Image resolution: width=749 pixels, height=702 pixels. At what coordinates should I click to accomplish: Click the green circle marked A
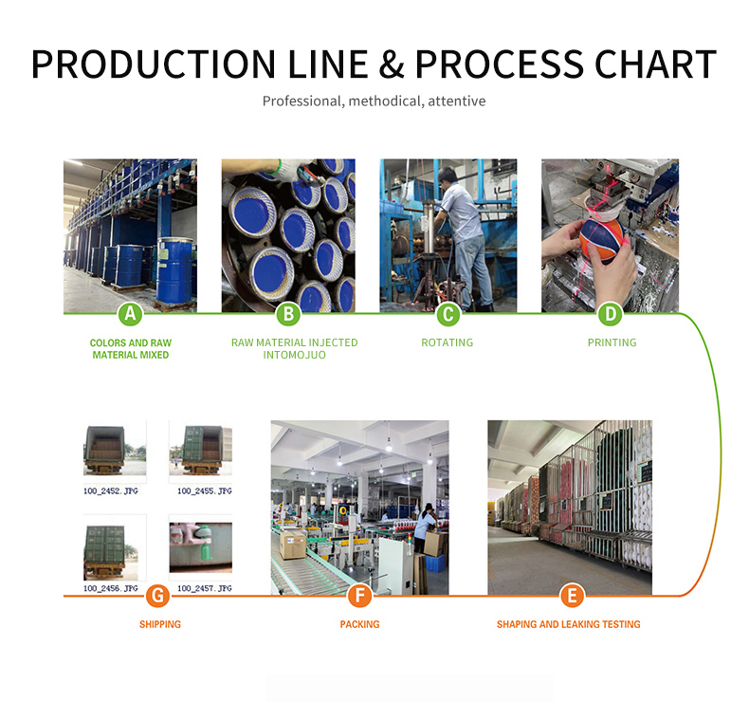[130, 314]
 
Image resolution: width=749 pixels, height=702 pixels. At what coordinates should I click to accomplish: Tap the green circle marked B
[288, 314]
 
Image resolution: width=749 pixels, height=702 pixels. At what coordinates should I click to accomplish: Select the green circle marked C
[448, 314]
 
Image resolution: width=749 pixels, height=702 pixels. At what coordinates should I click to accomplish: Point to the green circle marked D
[611, 314]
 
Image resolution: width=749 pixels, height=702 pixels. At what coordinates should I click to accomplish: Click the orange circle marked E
[572, 596]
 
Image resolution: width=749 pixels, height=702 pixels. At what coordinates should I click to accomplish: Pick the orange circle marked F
[359, 596]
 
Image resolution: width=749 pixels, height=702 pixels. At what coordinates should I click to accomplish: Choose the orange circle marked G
[157, 596]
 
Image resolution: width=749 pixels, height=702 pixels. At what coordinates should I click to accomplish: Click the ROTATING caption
[448, 342]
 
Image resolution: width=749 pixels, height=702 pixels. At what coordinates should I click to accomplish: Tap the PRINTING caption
[612, 342]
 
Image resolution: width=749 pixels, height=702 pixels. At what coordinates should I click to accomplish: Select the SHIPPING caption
[160, 624]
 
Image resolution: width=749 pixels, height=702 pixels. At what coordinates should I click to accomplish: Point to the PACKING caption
[359, 624]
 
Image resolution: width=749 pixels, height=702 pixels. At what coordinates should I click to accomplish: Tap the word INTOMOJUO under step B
[294, 355]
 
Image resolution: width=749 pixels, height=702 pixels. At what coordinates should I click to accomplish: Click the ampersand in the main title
[392, 65]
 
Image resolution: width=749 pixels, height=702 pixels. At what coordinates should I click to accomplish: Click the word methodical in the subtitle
[384, 101]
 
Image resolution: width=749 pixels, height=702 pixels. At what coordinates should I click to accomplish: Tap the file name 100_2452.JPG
[111, 490]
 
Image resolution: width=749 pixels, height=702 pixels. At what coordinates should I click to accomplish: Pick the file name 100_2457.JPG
[205, 588]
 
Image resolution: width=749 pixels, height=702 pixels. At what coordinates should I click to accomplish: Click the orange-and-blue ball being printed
[602, 238]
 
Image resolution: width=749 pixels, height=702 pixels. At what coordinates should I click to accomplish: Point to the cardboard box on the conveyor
[292, 545]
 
